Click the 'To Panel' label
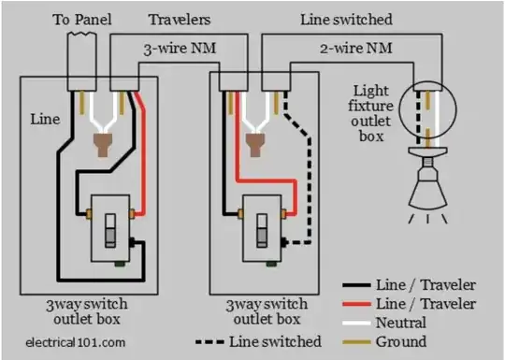(82, 20)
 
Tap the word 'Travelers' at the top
(180, 20)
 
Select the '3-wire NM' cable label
(180, 49)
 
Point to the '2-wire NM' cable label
(356, 49)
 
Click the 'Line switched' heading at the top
(346, 20)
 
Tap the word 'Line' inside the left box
(45, 119)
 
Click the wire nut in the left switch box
(103, 144)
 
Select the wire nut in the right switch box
(255, 144)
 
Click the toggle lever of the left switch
(110, 231)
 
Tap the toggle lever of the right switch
(262, 231)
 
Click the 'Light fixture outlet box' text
(371, 113)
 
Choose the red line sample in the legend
(356, 304)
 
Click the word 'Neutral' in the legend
(401, 323)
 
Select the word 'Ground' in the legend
(401, 341)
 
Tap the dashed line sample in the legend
(209, 342)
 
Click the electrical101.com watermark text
(76, 342)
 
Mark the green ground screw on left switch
(120, 265)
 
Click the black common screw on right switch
(283, 242)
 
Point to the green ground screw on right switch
(271, 265)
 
